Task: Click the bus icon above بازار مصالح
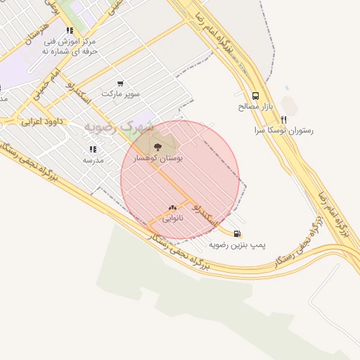tap(255, 95)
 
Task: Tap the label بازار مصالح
tap(255, 107)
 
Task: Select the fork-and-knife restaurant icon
tap(284, 120)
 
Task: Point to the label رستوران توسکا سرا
tap(285, 131)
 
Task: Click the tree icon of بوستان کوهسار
tap(157, 148)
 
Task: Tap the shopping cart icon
tap(120, 83)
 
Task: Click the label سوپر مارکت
tap(121, 94)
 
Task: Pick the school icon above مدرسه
tap(93, 149)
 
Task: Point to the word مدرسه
tap(93, 160)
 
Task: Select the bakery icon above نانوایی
tap(172, 207)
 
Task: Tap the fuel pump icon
tap(236, 233)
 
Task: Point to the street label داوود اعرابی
tap(41, 121)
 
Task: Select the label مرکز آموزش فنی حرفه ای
tap(68, 46)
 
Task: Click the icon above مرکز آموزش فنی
tap(69, 31)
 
